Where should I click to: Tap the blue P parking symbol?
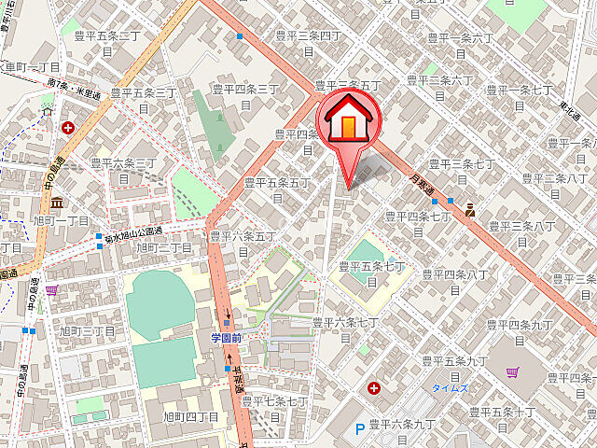point(360,430)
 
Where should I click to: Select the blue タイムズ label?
point(449,386)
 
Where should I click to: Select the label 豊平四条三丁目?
point(245,96)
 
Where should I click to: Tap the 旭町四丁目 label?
point(190,416)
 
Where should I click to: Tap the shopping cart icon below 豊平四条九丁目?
point(512,371)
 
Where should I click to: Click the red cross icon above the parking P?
point(374,387)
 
